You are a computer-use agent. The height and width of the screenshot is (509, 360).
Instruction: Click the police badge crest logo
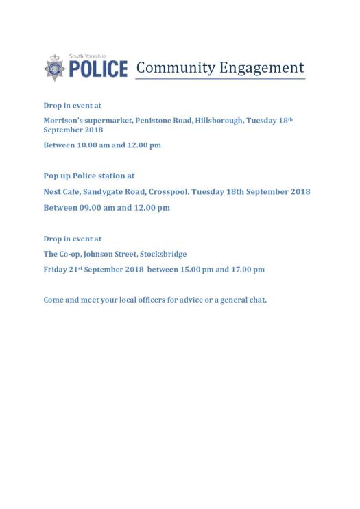pyautogui.click(x=54, y=68)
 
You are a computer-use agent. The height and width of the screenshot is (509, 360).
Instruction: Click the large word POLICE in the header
pyautogui.click(x=97, y=69)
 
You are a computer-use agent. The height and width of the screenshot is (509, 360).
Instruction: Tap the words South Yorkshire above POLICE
pyautogui.click(x=88, y=57)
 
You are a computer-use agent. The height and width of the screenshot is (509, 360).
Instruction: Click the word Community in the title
pyautogui.click(x=175, y=68)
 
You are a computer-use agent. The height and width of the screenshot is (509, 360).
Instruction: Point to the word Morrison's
pyautogui.click(x=63, y=121)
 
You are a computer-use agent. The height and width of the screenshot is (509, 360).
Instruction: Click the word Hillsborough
pyautogui.click(x=218, y=121)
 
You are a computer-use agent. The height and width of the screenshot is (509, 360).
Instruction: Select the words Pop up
pyautogui.click(x=57, y=176)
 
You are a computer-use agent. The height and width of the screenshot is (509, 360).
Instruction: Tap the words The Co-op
pyautogui.click(x=61, y=254)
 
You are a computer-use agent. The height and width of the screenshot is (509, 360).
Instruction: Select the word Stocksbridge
pyautogui.click(x=163, y=254)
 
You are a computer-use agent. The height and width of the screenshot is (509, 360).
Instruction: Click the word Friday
pyautogui.click(x=56, y=270)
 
